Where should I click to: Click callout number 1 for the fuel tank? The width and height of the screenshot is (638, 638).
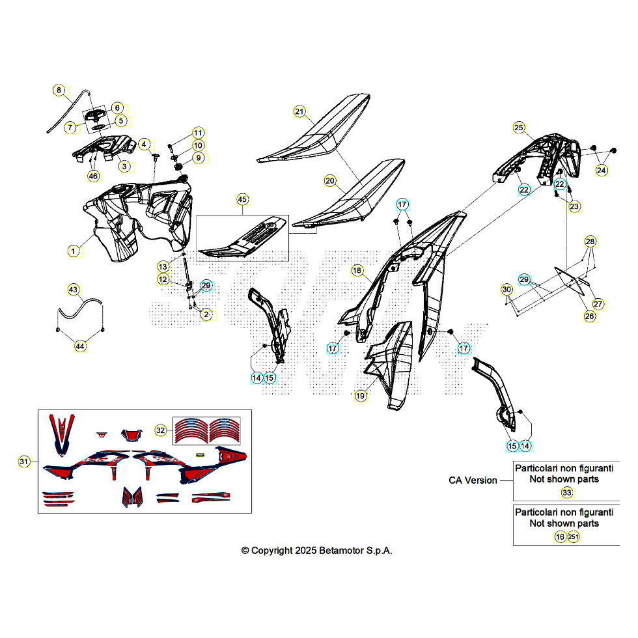pos(73,251)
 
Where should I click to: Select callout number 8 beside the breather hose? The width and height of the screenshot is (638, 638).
pos(59,90)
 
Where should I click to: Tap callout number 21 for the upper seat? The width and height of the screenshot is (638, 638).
pos(299,111)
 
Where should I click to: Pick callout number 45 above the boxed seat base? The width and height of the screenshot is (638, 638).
pos(242,199)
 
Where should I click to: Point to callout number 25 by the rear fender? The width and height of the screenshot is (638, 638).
pos(519,128)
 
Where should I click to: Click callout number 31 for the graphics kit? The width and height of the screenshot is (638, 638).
pos(25,462)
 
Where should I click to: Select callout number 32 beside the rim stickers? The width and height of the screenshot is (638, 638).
pos(161,430)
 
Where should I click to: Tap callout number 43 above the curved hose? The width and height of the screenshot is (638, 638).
pos(73,290)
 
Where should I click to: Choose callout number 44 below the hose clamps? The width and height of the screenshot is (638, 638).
pos(80,346)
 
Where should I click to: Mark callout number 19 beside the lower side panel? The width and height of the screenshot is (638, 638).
pos(361,396)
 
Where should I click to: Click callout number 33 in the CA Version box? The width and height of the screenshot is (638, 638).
pos(567,493)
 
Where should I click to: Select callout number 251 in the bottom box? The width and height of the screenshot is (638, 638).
pos(574,536)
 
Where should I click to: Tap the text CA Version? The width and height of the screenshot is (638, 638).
pos(473,480)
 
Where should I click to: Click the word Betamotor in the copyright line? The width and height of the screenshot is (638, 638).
pos(340,551)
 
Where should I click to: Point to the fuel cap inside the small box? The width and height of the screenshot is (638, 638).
pos(95,115)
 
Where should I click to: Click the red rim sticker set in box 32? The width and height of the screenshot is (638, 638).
pos(207,430)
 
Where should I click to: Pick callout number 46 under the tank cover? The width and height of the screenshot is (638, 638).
pos(94,176)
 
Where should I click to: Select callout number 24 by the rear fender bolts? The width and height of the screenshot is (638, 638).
pos(602,170)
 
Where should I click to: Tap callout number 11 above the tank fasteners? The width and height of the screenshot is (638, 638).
pos(198,133)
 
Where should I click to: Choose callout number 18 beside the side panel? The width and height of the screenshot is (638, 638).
pos(357,271)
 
